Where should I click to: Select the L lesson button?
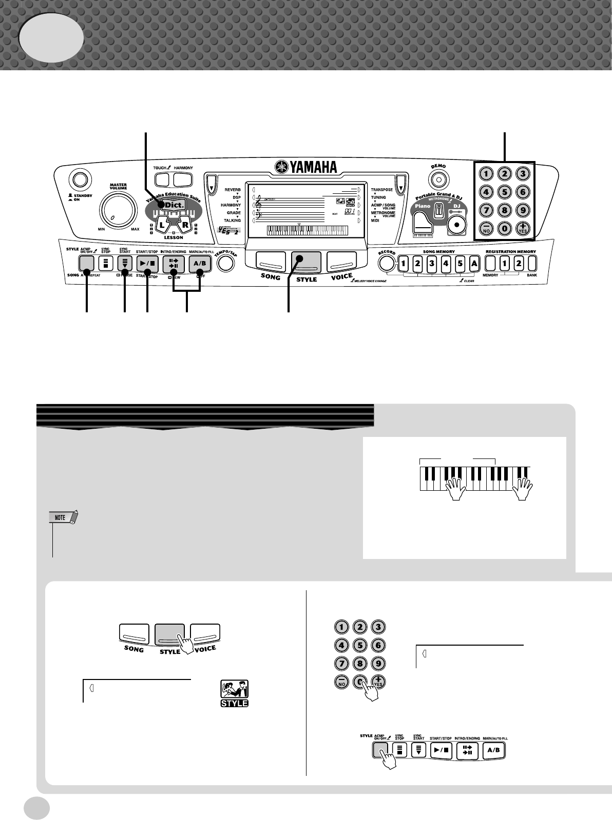pos(163,225)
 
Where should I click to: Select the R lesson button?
pos(184,225)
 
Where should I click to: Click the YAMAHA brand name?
pos(306,167)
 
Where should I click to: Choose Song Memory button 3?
pos(432,264)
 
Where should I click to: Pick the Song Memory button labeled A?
pos(474,264)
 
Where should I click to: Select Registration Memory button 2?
pos(519,264)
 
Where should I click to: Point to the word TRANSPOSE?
pos(381,190)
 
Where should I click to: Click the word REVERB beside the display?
pos(233,190)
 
